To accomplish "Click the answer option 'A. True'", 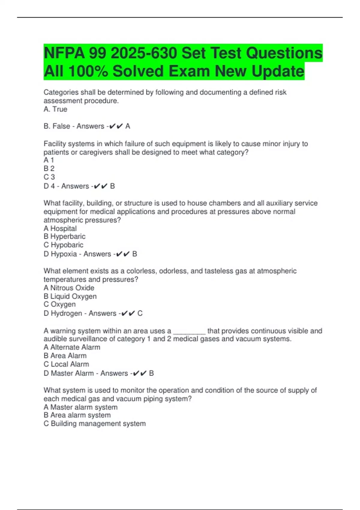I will (55, 109).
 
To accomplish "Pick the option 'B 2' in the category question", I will (49, 169).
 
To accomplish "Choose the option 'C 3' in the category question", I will (49, 177).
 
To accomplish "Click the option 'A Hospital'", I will (60, 229).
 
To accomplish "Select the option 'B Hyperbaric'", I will (64, 236).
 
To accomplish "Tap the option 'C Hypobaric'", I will (64, 245).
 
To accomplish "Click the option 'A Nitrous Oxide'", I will (69, 288).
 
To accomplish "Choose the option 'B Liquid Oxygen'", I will (70, 296).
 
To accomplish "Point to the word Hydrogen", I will (66, 313).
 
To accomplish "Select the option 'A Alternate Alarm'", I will (72, 347).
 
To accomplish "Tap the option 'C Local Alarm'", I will (66, 364).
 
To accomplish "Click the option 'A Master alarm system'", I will (81, 407).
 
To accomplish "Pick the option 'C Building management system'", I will (95, 424).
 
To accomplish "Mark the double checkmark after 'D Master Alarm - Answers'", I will (139, 373).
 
